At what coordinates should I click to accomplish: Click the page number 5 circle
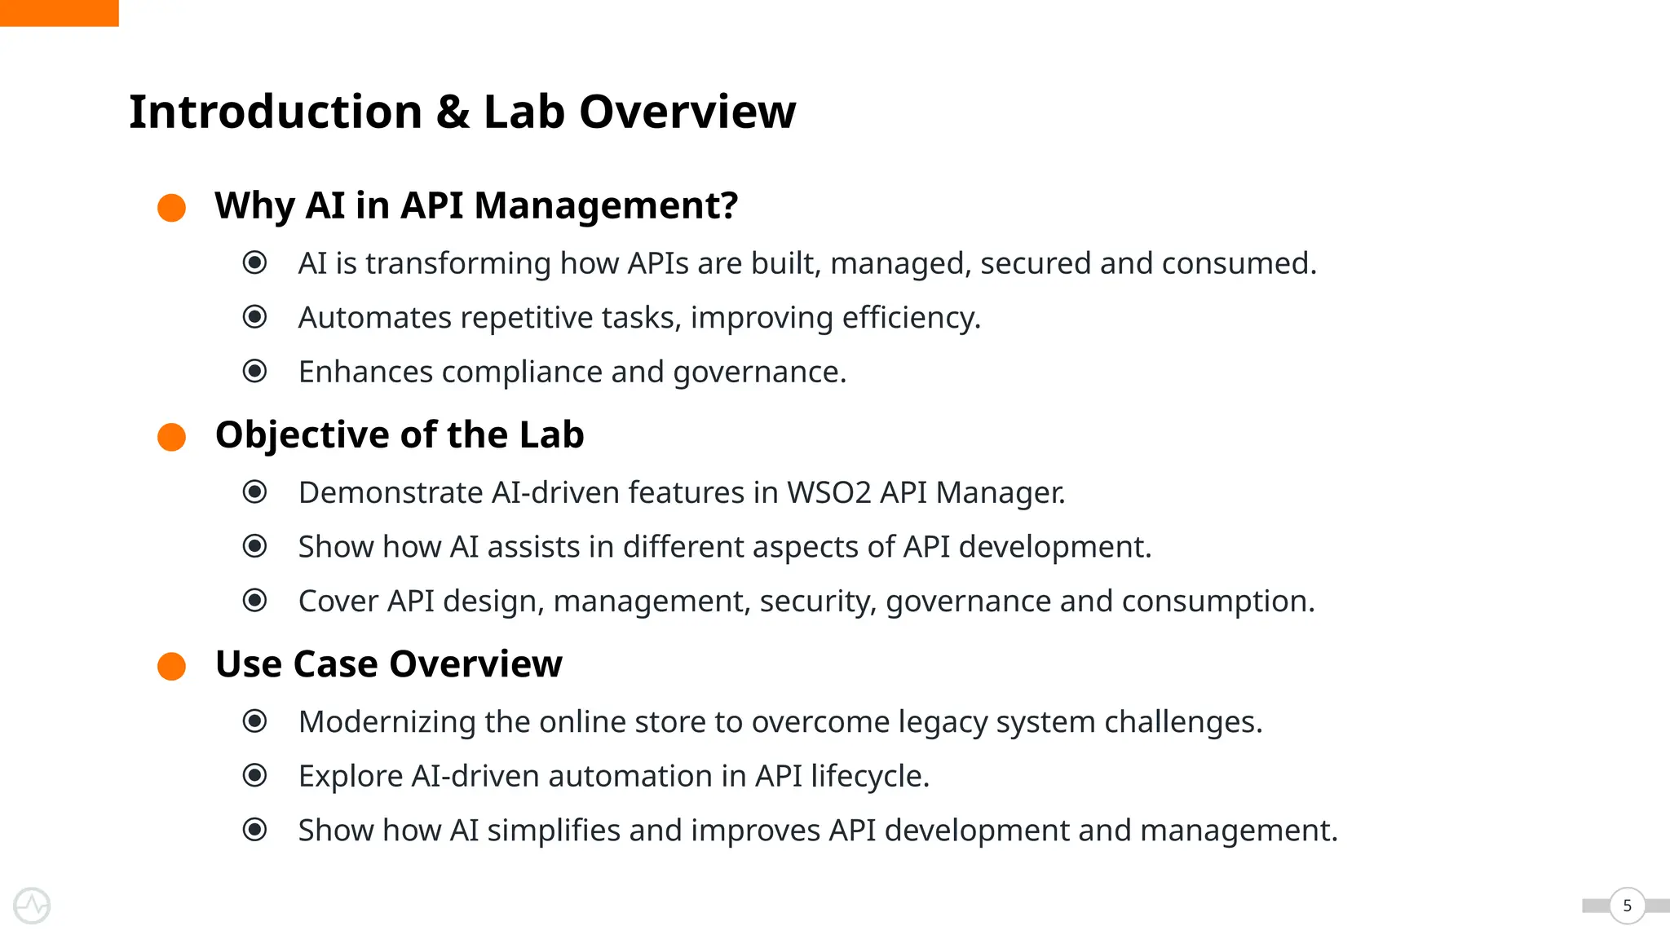tap(1627, 906)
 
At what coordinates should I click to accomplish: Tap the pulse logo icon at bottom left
tap(32, 906)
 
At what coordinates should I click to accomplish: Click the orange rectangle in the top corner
tap(59, 13)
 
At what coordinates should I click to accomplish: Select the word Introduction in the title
tap(276, 112)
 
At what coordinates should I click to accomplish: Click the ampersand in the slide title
tap(453, 112)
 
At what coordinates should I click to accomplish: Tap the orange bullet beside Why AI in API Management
tap(171, 207)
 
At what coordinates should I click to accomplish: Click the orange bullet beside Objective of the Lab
tap(171, 437)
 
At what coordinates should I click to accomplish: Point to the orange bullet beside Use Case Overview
tap(171, 666)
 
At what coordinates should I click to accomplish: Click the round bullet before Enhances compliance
tap(254, 372)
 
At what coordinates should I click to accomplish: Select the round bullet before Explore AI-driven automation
tap(254, 775)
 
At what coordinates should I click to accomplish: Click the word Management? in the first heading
tap(606, 205)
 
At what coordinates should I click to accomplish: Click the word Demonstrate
tap(391, 493)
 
